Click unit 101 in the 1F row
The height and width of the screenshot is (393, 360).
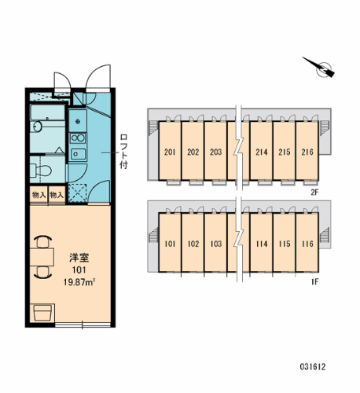tap(169, 244)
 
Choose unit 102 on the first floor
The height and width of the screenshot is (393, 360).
tap(193, 244)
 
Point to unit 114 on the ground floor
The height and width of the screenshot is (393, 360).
tap(262, 244)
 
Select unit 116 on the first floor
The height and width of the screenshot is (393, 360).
tap(307, 244)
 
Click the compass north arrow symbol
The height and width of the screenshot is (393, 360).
tap(321, 70)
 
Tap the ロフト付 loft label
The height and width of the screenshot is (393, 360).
tap(123, 152)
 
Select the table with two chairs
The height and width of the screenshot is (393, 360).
tap(42, 258)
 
